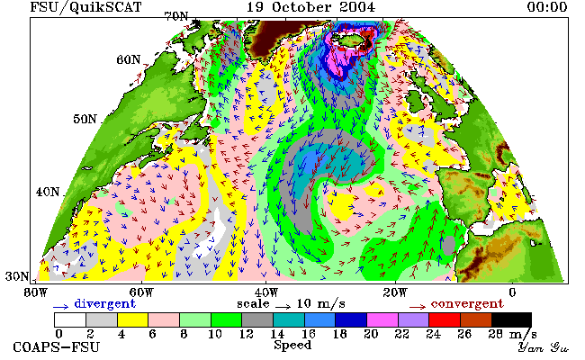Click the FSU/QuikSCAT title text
pos(85,7)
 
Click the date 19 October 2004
pos(310,7)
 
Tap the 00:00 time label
pos(547,7)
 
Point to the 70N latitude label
pos(176,16)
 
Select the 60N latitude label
pos(129,59)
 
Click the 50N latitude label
pos(85,119)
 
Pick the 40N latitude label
pos(48,192)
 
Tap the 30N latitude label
pos(17,276)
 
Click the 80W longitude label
pos(36,292)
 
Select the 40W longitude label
pos(266,292)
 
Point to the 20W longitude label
pos(395,292)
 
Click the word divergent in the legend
pos(104,304)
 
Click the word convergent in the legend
pos(467,304)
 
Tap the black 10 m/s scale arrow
pos(283,307)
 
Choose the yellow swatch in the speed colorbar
pos(133,320)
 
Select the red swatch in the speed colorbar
pos(445,320)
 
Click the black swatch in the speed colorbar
pos(511,320)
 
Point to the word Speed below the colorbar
pos(292,345)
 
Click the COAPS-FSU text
pos(57,347)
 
